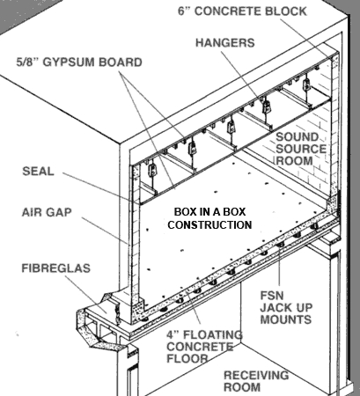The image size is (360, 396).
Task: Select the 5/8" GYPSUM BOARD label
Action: [67, 63]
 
